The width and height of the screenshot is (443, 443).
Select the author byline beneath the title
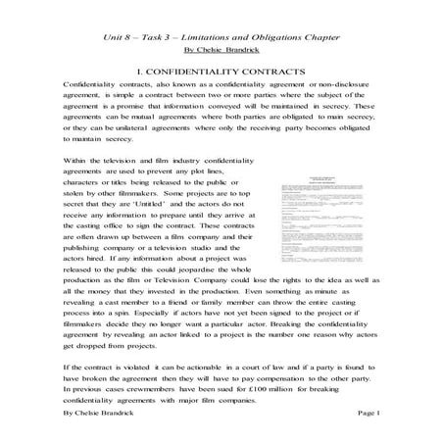(x=221, y=48)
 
